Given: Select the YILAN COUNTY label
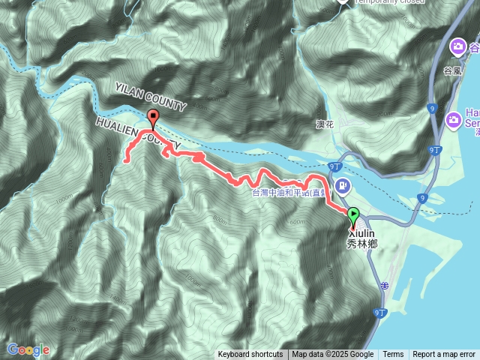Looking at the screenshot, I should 151,96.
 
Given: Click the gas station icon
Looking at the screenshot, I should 342,185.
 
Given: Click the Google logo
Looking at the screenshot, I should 28,349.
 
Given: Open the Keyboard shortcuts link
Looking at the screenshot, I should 250,355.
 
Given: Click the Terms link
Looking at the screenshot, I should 393,355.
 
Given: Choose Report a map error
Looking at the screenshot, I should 444,355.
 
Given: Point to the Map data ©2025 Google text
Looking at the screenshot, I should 333,355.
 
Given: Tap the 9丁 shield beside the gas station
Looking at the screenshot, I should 334,166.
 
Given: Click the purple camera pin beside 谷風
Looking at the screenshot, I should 457,49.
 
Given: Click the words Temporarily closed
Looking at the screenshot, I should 390,2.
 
